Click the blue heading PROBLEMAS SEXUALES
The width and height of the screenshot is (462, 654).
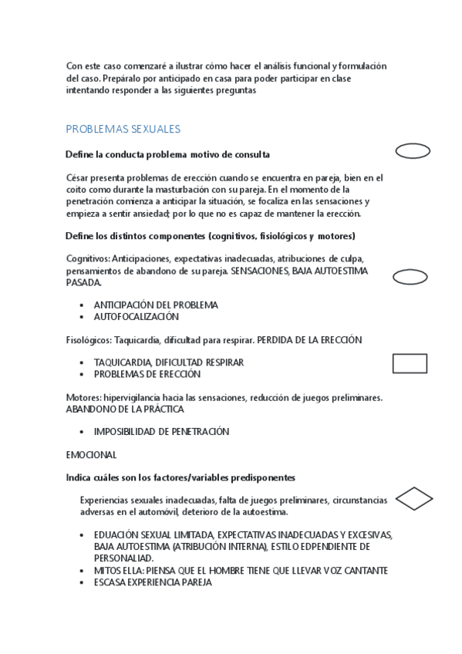click(123, 130)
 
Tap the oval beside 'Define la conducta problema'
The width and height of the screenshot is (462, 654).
click(412, 151)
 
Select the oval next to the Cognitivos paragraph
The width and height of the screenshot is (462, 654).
click(412, 278)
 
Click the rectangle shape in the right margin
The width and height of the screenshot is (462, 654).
click(410, 363)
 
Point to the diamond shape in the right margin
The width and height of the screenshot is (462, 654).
click(413, 499)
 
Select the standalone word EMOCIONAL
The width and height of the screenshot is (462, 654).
click(91, 455)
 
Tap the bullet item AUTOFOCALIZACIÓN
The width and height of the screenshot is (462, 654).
click(136, 316)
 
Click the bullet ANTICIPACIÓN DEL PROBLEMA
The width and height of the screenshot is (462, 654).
click(156, 305)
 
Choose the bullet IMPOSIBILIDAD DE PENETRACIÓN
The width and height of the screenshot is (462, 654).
click(161, 432)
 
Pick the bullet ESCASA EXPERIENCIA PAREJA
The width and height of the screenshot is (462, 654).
click(152, 582)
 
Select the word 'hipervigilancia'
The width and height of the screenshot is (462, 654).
click(131, 397)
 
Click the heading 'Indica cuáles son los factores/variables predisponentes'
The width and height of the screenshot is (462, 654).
click(180, 478)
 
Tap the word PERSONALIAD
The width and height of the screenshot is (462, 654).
click(123, 558)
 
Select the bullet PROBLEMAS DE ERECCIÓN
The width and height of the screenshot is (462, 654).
click(147, 374)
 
